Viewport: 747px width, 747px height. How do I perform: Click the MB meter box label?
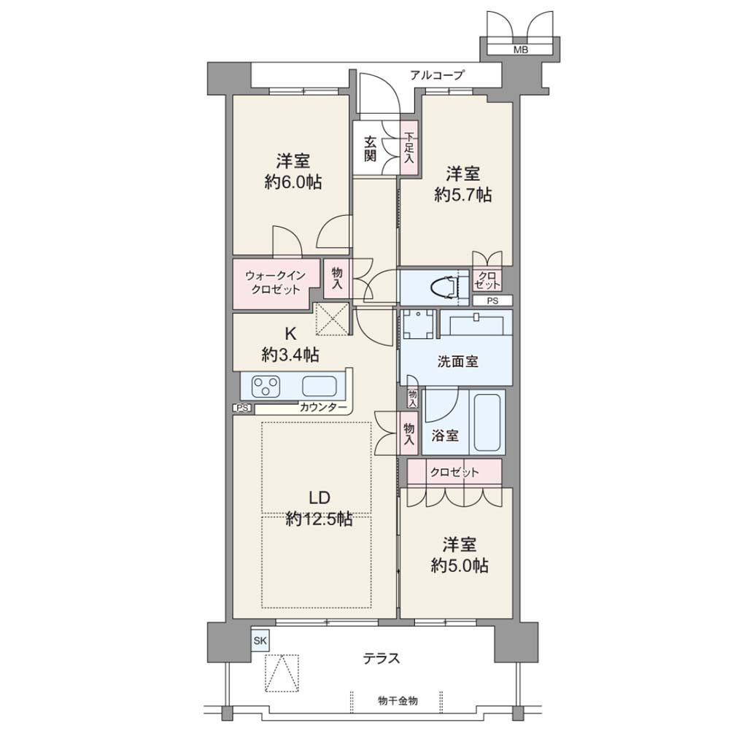(x=520, y=50)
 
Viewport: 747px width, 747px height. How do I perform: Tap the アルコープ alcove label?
(x=436, y=75)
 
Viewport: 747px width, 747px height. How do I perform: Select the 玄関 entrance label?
(x=370, y=149)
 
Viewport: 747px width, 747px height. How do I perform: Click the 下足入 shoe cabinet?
(x=409, y=148)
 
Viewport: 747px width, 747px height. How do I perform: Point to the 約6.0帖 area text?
(x=293, y=182)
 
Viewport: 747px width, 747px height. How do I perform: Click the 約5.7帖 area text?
(x=462, y=195)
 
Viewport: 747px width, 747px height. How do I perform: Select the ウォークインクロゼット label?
(x=275, y=282)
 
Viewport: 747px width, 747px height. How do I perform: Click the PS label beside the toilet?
(x=492, y=301)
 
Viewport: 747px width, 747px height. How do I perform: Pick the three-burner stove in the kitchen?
(x=266, y=386)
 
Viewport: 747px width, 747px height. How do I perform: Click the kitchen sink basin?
(x=320, y=386)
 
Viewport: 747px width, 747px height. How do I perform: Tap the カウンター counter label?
(x=323, y=407)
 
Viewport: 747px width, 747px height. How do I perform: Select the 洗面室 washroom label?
(x=457, y=362)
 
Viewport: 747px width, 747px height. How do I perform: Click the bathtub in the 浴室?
(x=487, y=422)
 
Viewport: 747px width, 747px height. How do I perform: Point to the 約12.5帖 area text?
(x=319, y=519)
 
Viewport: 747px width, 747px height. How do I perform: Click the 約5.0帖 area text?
(x=460, y=566)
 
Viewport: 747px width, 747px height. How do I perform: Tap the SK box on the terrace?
(x=260, y=640)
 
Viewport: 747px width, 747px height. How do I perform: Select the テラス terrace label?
(x=381, y=659)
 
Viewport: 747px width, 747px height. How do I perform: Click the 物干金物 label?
(x=398, y=700)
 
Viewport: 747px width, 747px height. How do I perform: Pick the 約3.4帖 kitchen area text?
(x=290, y=355)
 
